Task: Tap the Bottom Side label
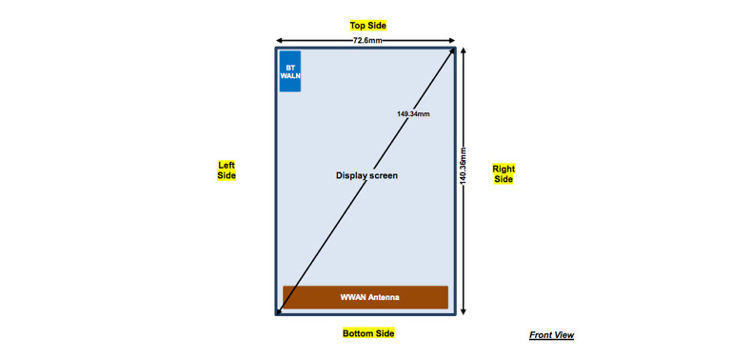[x=368, y=333]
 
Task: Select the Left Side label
[x=227, y=170]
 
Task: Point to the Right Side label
[x=504, y=174]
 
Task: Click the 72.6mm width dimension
[x=368, y=41]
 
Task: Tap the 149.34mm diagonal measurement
[x=413, y=113]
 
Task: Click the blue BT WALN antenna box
[x=290, y=71]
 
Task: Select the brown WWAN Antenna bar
[x=365, y=297]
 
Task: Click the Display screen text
[x=366, y=175]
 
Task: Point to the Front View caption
[x=552, y=335]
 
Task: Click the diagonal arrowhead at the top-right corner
[x=451, y=51]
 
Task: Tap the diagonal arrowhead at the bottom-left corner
[x=280, y=309]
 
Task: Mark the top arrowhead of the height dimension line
[x=464, y=50]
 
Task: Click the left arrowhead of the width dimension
[x=280, y=41]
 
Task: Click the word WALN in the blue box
[x=290, y=76]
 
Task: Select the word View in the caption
[x=563, y=335]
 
